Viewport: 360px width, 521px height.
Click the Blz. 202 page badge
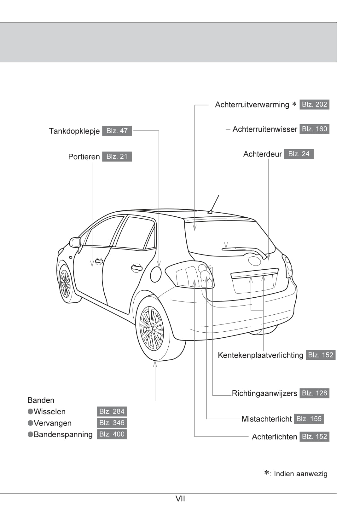314,105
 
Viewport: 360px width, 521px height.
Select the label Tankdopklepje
74,131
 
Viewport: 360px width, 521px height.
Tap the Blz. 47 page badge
117,131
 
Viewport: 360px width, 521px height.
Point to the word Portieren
84,157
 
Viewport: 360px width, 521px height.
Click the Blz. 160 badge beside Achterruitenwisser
314,129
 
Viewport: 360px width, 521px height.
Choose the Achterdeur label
262,154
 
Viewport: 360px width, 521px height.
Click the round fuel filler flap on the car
156,274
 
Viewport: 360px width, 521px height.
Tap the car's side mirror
75,242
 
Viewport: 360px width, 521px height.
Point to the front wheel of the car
65,283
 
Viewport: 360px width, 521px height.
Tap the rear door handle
136,268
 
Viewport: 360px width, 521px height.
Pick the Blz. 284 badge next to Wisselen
112,411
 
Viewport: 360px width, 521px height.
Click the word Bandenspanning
63,434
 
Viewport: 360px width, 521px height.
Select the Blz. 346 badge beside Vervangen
112,423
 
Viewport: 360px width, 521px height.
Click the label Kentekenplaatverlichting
260,355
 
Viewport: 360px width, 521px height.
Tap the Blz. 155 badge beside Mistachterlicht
309,419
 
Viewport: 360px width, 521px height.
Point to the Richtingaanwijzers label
264,393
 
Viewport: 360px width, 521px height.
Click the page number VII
180,499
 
